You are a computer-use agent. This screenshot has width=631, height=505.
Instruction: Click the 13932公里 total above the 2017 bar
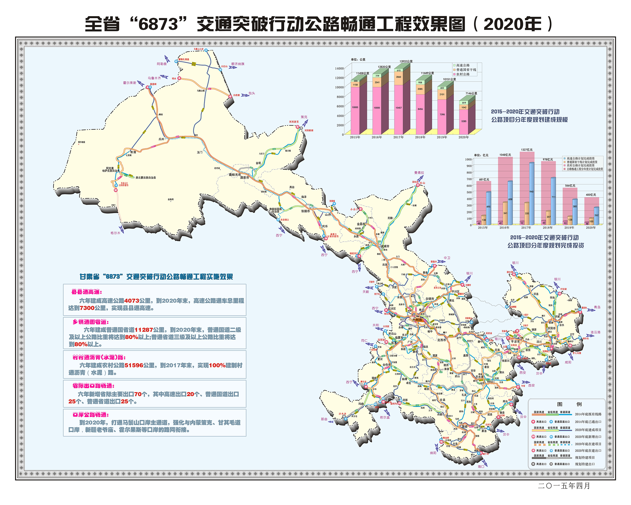(406, 61)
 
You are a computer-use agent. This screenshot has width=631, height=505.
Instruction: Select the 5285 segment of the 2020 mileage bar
(464, 121)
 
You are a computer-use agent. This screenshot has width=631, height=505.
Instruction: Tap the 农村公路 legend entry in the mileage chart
(463, 74)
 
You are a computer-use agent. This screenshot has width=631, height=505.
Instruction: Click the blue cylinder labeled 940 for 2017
(532, 192)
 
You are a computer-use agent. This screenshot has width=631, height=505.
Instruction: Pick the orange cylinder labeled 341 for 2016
(505, 213)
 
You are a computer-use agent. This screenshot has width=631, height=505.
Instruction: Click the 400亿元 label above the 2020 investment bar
(591, 195)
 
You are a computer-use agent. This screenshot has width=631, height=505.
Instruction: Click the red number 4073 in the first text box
(132, 301)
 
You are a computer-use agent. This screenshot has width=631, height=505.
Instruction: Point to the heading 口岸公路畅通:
(91, 415)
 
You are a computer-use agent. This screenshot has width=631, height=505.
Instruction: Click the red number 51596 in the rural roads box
(134, 365)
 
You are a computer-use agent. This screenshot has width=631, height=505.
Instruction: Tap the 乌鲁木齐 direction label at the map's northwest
(154, 78)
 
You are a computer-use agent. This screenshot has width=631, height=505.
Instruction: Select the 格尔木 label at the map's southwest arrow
(115, 233)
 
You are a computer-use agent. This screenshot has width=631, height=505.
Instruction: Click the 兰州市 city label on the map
(417, 320)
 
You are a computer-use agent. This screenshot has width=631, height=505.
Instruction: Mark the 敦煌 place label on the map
(133, 152)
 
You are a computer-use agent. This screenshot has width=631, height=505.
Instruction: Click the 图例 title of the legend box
(569, 404)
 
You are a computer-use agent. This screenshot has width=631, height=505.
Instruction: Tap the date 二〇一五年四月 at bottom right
(564, 486)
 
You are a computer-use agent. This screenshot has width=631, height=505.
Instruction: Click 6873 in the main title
(158, 24)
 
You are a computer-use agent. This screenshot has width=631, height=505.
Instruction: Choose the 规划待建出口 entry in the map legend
(585, 464)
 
